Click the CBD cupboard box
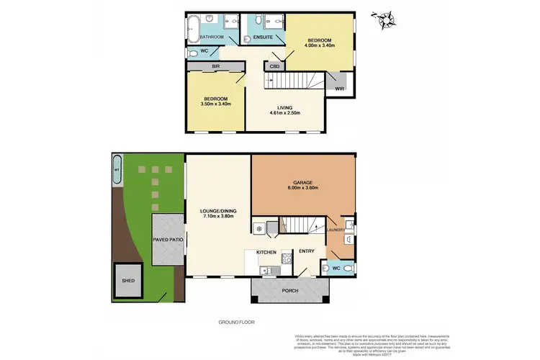pyautogui.click(x=273, y=67)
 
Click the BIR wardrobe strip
pyautogui.click(x=215, y=66)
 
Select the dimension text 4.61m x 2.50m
pyautogui.click(x=284, y=113)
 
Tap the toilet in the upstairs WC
pyautogui.click(x=193, y=53)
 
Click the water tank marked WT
pyautogui.click(x=117, y=171)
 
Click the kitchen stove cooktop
pyautogui.click(x=287, y=259)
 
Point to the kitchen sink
pyautogui.click(x=266, y=271)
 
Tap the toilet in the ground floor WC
pyautogui.click(x=348, y=269)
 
